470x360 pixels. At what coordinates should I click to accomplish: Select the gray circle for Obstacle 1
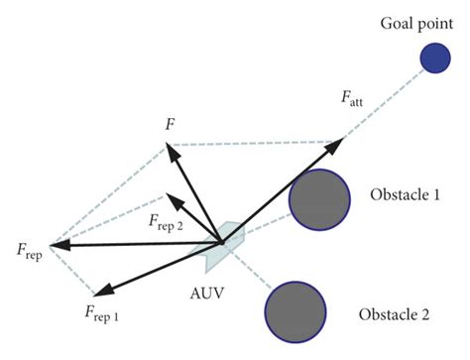[319, 200]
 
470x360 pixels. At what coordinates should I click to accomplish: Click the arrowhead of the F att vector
[337, 144]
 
